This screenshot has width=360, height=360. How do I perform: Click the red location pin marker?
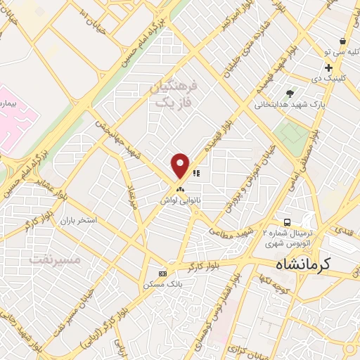(181, 165)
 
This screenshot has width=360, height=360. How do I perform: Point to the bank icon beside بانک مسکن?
(163, 274)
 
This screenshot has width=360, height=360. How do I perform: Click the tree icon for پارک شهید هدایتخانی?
(290, 94)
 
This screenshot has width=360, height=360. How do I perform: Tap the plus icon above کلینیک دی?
(328, 67)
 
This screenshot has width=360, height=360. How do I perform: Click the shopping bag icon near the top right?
(342, 41)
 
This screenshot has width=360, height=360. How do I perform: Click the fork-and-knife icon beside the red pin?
(196, 172)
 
